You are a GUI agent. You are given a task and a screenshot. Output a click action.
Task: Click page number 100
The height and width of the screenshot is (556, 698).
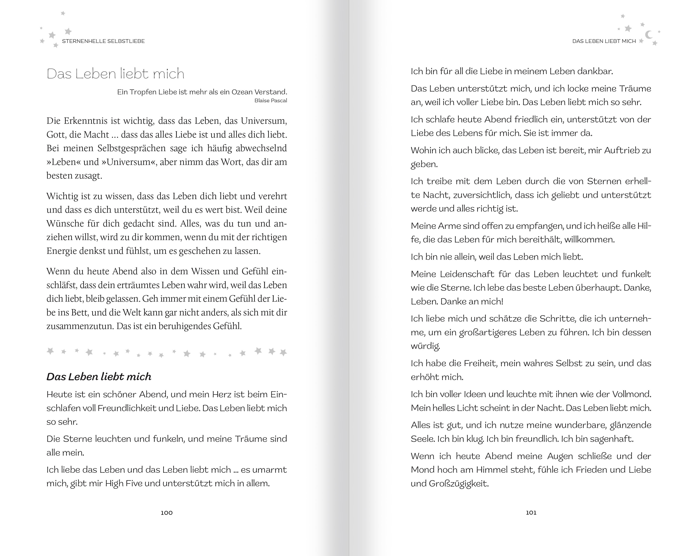click(167, 513)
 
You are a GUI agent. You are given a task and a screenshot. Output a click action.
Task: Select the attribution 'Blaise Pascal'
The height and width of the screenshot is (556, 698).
click(271, 101)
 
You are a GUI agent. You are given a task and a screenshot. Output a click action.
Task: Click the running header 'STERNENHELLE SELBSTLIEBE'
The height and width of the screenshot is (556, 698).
click(103, 41)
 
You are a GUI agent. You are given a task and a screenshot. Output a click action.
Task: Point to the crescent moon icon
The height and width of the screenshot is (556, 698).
click(649, 35)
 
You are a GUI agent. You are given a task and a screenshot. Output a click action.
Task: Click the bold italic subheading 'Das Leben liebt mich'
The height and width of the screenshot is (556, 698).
click(99, 377)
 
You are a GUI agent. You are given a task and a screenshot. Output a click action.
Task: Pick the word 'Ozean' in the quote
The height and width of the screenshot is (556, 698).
click(242, 92)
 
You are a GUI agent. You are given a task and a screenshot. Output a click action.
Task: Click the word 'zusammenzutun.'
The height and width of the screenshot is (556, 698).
click(80, 326)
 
